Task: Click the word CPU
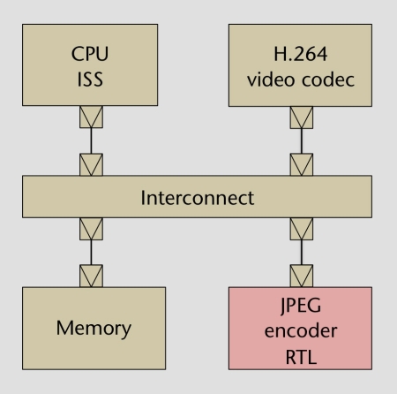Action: click(90, 54)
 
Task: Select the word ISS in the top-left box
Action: click(90, 80)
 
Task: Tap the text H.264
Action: click(300, 54)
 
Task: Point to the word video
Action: click(271, 80)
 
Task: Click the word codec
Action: click(328, 80)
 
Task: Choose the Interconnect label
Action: click(198, 198)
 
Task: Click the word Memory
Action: click(94, 329)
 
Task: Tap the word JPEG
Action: click(301, 306)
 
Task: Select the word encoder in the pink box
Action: click(301, 331)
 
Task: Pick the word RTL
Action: click(301, 357)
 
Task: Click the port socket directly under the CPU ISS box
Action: click(91, 117)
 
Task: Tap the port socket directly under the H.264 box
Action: click(302, 117)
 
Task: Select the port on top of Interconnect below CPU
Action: click(91, 164)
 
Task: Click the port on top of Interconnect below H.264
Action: click(302, 164)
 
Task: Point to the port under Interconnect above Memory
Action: click(91, 229)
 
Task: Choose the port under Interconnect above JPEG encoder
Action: click(302, 229)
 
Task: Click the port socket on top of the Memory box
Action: click(91, 276)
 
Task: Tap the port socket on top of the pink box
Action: click(302, 276)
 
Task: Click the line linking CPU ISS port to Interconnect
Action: click(91, 140)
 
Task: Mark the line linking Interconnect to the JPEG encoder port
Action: click(302, 253)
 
